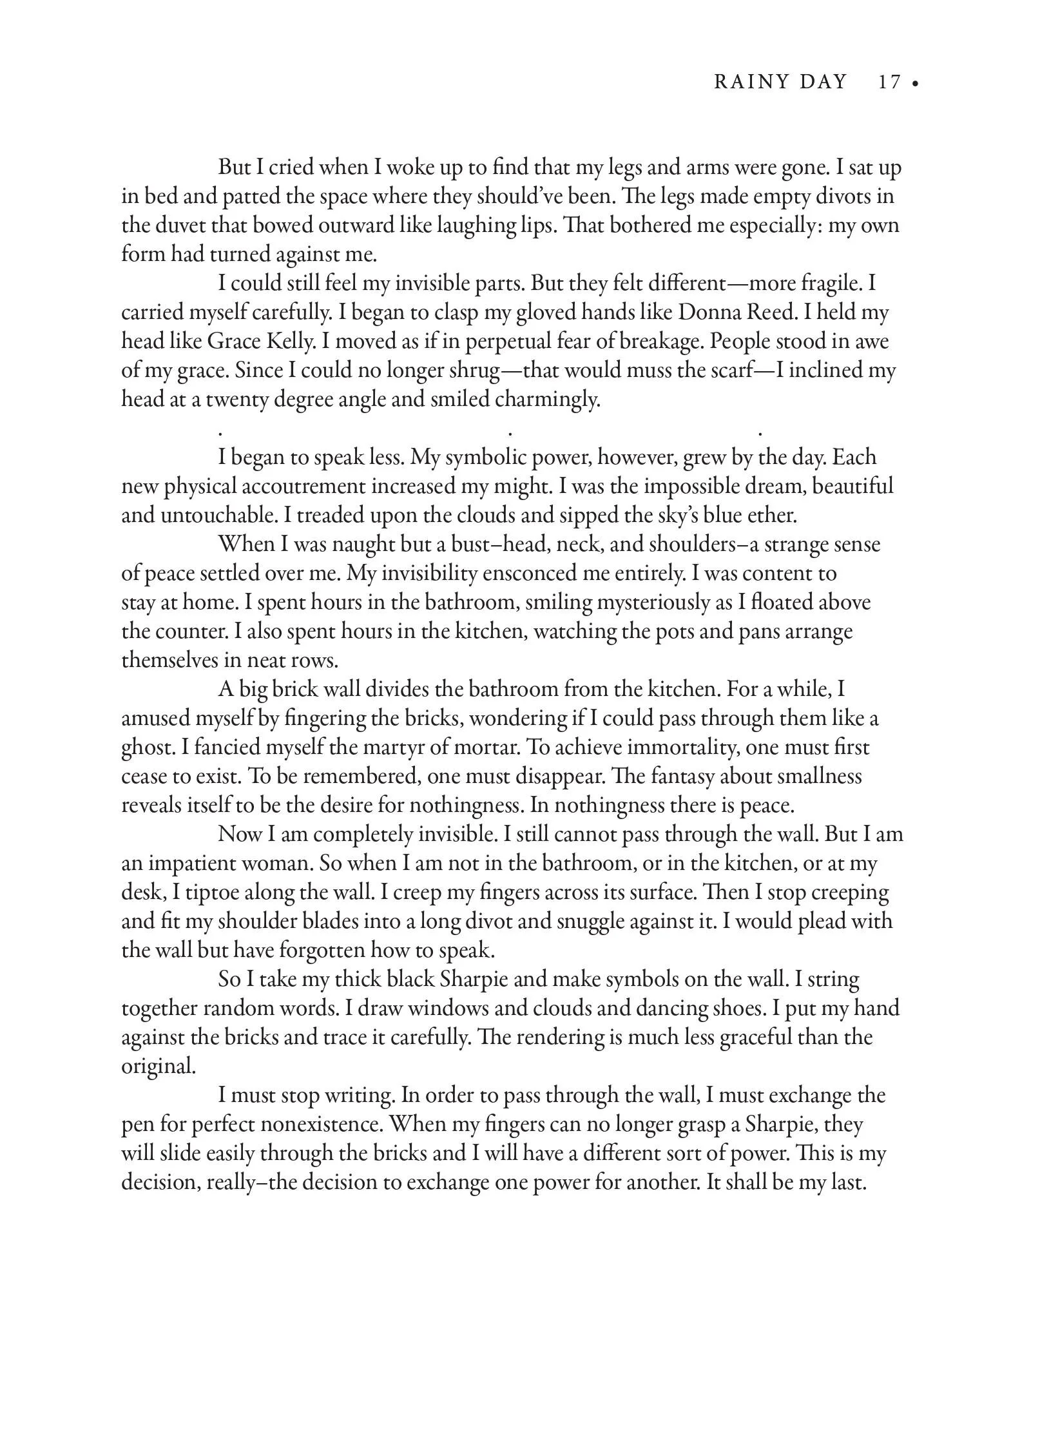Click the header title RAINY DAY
coord(780,82)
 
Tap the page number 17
coord(889,82)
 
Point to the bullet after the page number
coord(915,84)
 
